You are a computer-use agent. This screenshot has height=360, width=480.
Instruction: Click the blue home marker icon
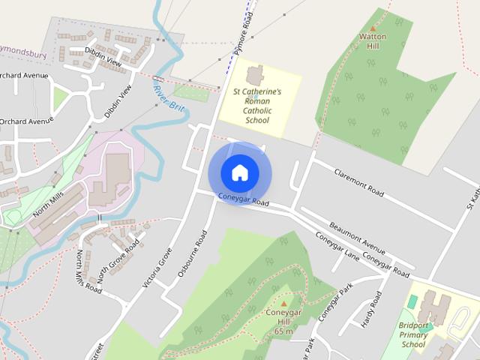(239, 172)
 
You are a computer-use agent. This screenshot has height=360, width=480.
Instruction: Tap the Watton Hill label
(373, 40)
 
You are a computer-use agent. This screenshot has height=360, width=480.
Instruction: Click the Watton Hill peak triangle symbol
(373, 28)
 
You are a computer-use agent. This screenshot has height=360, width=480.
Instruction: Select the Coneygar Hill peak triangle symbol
(283, 304)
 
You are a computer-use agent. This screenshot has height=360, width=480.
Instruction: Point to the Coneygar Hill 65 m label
(283, 322)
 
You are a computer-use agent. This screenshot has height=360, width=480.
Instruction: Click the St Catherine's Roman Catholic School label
(256, 105)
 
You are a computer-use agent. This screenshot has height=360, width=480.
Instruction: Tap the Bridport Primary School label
(413, 334)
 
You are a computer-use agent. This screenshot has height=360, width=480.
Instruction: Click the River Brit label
(169, 98)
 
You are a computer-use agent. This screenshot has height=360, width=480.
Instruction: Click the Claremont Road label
(358, 182)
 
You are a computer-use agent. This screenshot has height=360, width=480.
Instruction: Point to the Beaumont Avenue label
(358, 238)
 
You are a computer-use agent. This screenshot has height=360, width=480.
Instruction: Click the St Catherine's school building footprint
(255, 75)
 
